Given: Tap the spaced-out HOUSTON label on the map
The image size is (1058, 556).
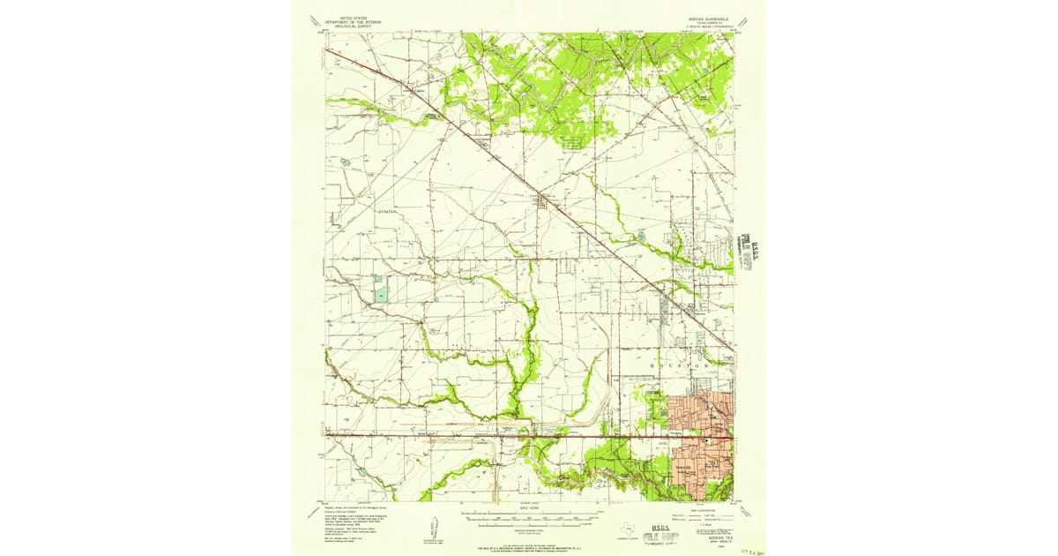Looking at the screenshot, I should pos(680,364).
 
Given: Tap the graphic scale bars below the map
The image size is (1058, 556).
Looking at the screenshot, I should pos(529,519).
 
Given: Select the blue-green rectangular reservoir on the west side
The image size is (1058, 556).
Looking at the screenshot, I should pos(380,289).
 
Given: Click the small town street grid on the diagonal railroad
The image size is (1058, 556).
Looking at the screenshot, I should pos(542,201).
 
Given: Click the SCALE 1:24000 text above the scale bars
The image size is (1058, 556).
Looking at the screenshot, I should pos(529,510).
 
